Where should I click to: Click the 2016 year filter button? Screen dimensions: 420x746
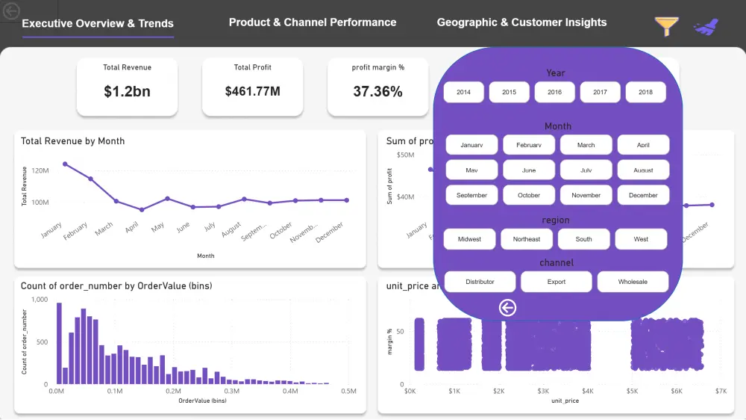click(554, 92)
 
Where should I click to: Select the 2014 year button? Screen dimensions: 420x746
click(463, 92)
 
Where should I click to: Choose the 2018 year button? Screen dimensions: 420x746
click(645, 92)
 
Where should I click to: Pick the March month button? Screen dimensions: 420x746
click(586, 145)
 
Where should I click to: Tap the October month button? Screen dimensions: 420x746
click(529, 195)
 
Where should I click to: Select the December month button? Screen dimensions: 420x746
click(643, 195)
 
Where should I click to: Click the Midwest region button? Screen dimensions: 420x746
click(469, 239)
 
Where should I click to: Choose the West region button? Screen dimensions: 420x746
click(641, 239)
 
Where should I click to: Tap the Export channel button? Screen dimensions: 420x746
click(556, 282)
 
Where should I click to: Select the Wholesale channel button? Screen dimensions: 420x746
click(633, 282)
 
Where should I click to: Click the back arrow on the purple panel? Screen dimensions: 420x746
click(507, 308)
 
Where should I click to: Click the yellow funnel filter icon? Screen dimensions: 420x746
click(666, 26)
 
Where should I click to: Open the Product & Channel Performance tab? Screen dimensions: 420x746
click(313, 22)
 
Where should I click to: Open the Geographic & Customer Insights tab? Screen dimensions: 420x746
click(521, 22)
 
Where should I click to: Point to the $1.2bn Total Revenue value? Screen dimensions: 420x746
click(127, 92)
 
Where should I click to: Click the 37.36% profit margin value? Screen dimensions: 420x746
click(377, 92)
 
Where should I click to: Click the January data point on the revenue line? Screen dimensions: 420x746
click(65, 164)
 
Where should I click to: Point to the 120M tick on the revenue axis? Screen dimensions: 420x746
click(40, 171)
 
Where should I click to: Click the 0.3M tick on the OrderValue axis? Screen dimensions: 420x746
click(232, 391)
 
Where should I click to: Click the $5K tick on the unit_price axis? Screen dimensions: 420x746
click(632, 391)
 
